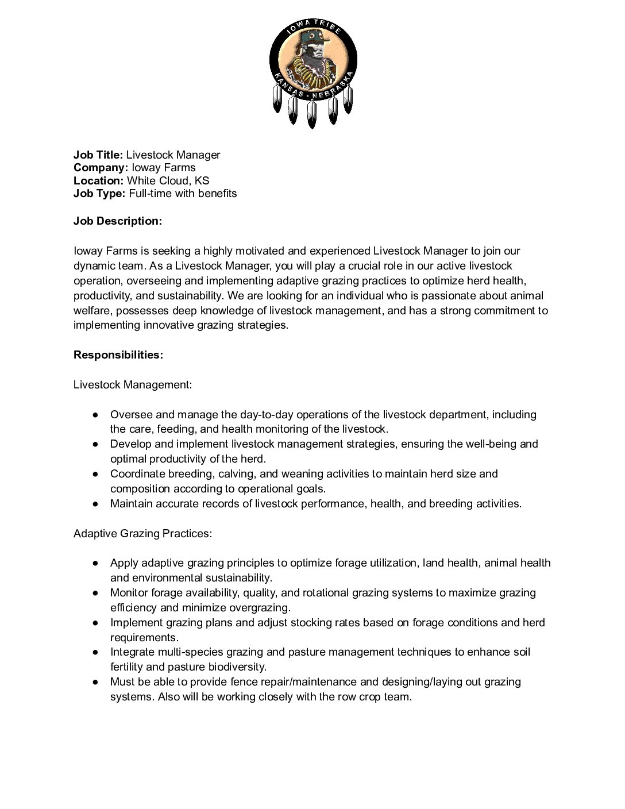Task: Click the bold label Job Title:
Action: [98, 155]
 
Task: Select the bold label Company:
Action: [101, 168]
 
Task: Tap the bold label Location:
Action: [98, 180]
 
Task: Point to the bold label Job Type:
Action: [99, 193]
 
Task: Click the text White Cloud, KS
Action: [168, 180]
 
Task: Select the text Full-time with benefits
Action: [183, 193]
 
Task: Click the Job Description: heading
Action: [118, 221]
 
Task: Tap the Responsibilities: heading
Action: [118, 355]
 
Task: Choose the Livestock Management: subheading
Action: [133, 384]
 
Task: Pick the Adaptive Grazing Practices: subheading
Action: [143, 534]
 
